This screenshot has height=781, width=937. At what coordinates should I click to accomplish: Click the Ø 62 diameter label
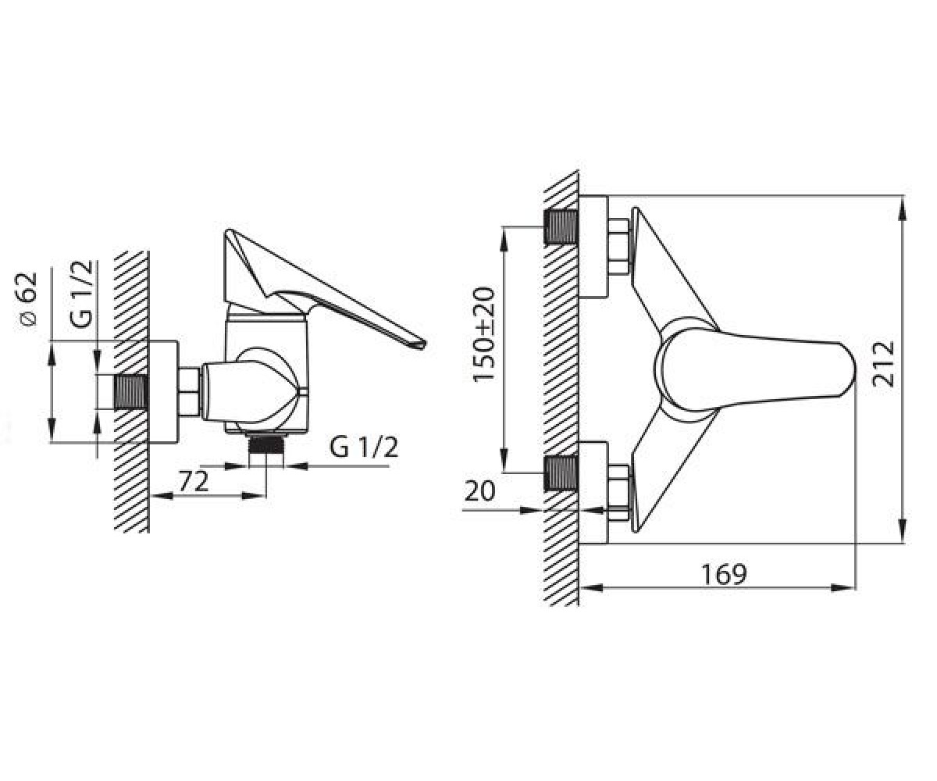pos(28,299)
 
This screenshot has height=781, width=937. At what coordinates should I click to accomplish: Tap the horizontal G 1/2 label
pos(364,447)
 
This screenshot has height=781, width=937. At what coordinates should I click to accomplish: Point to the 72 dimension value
pos(194,482)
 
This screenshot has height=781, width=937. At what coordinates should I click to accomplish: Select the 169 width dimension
pos(724,575)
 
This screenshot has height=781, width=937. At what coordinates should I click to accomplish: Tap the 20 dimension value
pos(479,490)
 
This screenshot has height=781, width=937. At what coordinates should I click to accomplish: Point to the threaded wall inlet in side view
pos(131,392)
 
